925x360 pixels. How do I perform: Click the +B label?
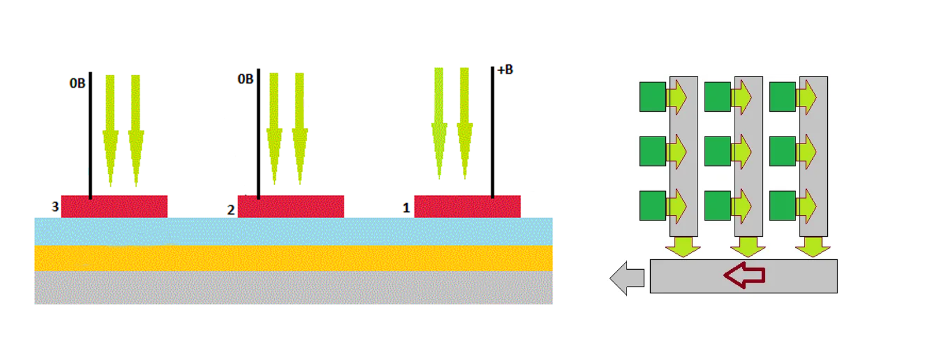505,70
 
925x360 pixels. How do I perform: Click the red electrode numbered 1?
467,207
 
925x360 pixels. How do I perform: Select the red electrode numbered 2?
291,207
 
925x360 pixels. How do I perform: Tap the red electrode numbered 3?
114,207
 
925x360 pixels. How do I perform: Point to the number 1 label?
406,208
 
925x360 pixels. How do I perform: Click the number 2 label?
231,210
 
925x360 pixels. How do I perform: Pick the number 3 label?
55,207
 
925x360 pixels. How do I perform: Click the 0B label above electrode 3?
78,83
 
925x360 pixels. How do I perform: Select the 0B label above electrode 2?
245,79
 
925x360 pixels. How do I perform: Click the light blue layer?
293,232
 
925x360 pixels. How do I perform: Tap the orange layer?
293,258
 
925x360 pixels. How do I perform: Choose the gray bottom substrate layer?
293,288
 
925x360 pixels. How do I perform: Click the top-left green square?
653,97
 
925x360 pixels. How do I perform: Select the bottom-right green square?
783,205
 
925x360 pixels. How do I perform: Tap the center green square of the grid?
718,151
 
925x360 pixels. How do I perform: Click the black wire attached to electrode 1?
492,133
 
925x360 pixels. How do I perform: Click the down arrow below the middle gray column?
748,247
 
